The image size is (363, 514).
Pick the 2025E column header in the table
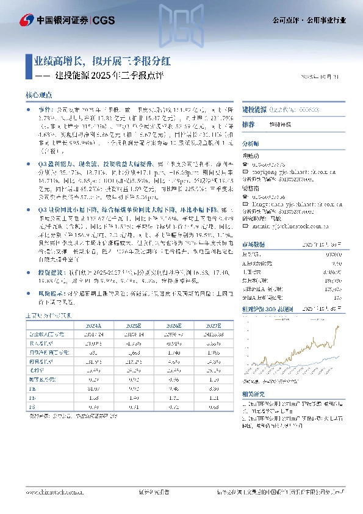point(133,325)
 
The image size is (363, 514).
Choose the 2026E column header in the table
point(173,325)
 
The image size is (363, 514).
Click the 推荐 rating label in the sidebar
point(248,124)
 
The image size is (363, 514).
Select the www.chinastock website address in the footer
point(51,491)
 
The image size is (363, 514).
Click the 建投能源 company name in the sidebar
point(254,109)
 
